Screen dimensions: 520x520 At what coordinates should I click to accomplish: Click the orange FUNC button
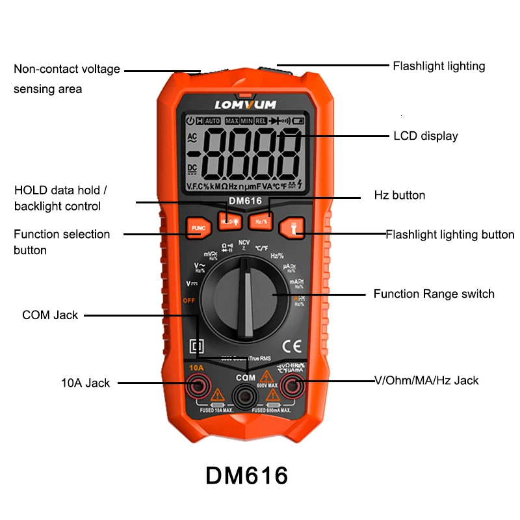(198, 227)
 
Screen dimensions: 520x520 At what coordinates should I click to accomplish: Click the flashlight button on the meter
(291, 227)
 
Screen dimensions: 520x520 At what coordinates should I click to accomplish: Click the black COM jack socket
(245, 394)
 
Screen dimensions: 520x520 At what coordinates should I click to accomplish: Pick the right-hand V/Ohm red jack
(293, 387)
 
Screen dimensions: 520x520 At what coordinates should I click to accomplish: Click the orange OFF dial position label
(189, 301)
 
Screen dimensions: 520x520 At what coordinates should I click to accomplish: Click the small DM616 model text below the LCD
(244, 201)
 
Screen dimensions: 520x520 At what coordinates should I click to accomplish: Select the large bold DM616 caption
(246, 475)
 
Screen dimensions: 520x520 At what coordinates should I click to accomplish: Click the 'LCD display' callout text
(425, 136)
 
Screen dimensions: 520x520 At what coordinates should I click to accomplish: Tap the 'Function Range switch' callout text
(434, 294)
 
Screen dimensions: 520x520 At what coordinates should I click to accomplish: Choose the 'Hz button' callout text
(399, 195)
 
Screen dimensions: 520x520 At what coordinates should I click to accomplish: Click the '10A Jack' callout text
(86, 383)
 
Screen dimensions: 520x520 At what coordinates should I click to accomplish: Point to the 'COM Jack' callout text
(50, 315)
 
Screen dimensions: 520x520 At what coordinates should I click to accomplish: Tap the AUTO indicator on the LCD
(213, 121)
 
